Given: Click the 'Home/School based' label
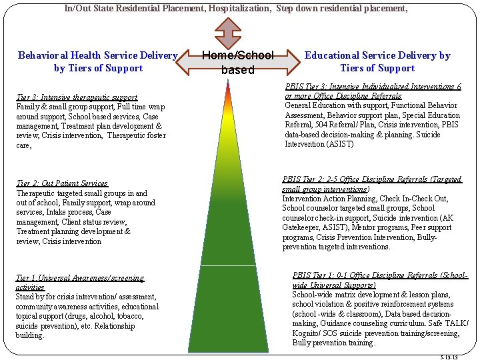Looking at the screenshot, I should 238,62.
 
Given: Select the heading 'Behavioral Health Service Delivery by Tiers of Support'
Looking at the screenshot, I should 97,61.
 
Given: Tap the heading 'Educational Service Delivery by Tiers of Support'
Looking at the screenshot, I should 377,61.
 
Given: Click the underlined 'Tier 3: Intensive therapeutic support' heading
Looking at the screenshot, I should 77,97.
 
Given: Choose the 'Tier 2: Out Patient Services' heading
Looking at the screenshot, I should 62,183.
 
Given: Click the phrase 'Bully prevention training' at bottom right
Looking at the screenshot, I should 333,343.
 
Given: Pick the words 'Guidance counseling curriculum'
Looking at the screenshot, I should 371,323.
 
